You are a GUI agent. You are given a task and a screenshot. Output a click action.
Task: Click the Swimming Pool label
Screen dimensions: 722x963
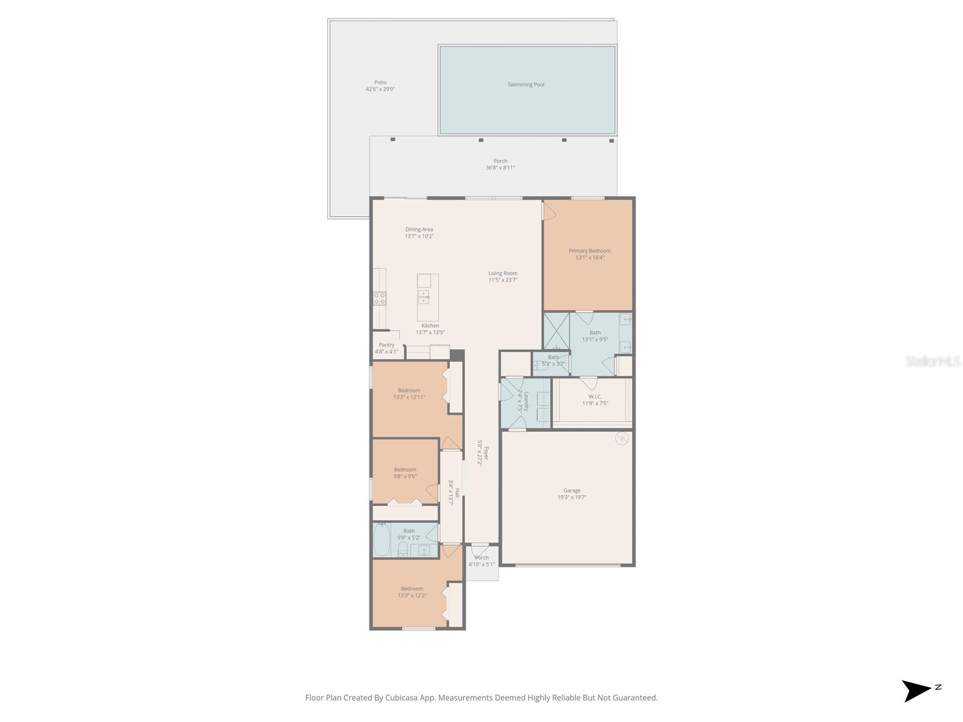(x=525, y=84)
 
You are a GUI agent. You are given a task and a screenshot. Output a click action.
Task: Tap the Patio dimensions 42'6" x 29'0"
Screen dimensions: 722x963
(x=380, y=90)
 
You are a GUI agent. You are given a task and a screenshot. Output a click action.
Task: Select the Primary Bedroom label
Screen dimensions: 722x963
(x=589, y=250)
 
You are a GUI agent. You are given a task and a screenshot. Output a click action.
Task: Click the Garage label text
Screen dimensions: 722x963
(x=572, y=490)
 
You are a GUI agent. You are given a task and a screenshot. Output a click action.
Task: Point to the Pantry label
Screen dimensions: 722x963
(x=386, y=345)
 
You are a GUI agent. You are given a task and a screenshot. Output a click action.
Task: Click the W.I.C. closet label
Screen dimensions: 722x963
(x=595, y=396)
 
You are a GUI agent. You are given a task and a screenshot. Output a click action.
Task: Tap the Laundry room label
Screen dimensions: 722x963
(x=527, y=401)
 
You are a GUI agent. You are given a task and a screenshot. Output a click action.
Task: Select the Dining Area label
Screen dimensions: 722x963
(x=419, y=229)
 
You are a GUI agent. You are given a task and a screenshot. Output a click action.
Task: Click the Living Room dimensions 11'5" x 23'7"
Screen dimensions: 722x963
(x=503, y=280)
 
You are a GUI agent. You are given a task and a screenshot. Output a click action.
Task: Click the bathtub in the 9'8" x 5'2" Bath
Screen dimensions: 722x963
(x=382, y=540)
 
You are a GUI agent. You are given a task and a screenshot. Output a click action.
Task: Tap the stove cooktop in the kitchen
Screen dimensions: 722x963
(x=379, y=298)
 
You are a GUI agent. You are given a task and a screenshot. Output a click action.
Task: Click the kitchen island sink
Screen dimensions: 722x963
(x=424, y=297)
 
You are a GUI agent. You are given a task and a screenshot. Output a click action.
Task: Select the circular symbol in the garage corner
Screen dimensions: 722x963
(x=622, y=439)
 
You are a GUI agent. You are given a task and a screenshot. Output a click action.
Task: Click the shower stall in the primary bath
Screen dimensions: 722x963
(x=556, y=331)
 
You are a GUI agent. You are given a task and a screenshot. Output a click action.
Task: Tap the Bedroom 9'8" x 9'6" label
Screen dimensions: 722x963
(x=405, y=469)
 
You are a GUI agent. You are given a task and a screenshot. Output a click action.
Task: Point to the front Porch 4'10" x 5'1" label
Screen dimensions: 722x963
(x=482, y=558)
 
